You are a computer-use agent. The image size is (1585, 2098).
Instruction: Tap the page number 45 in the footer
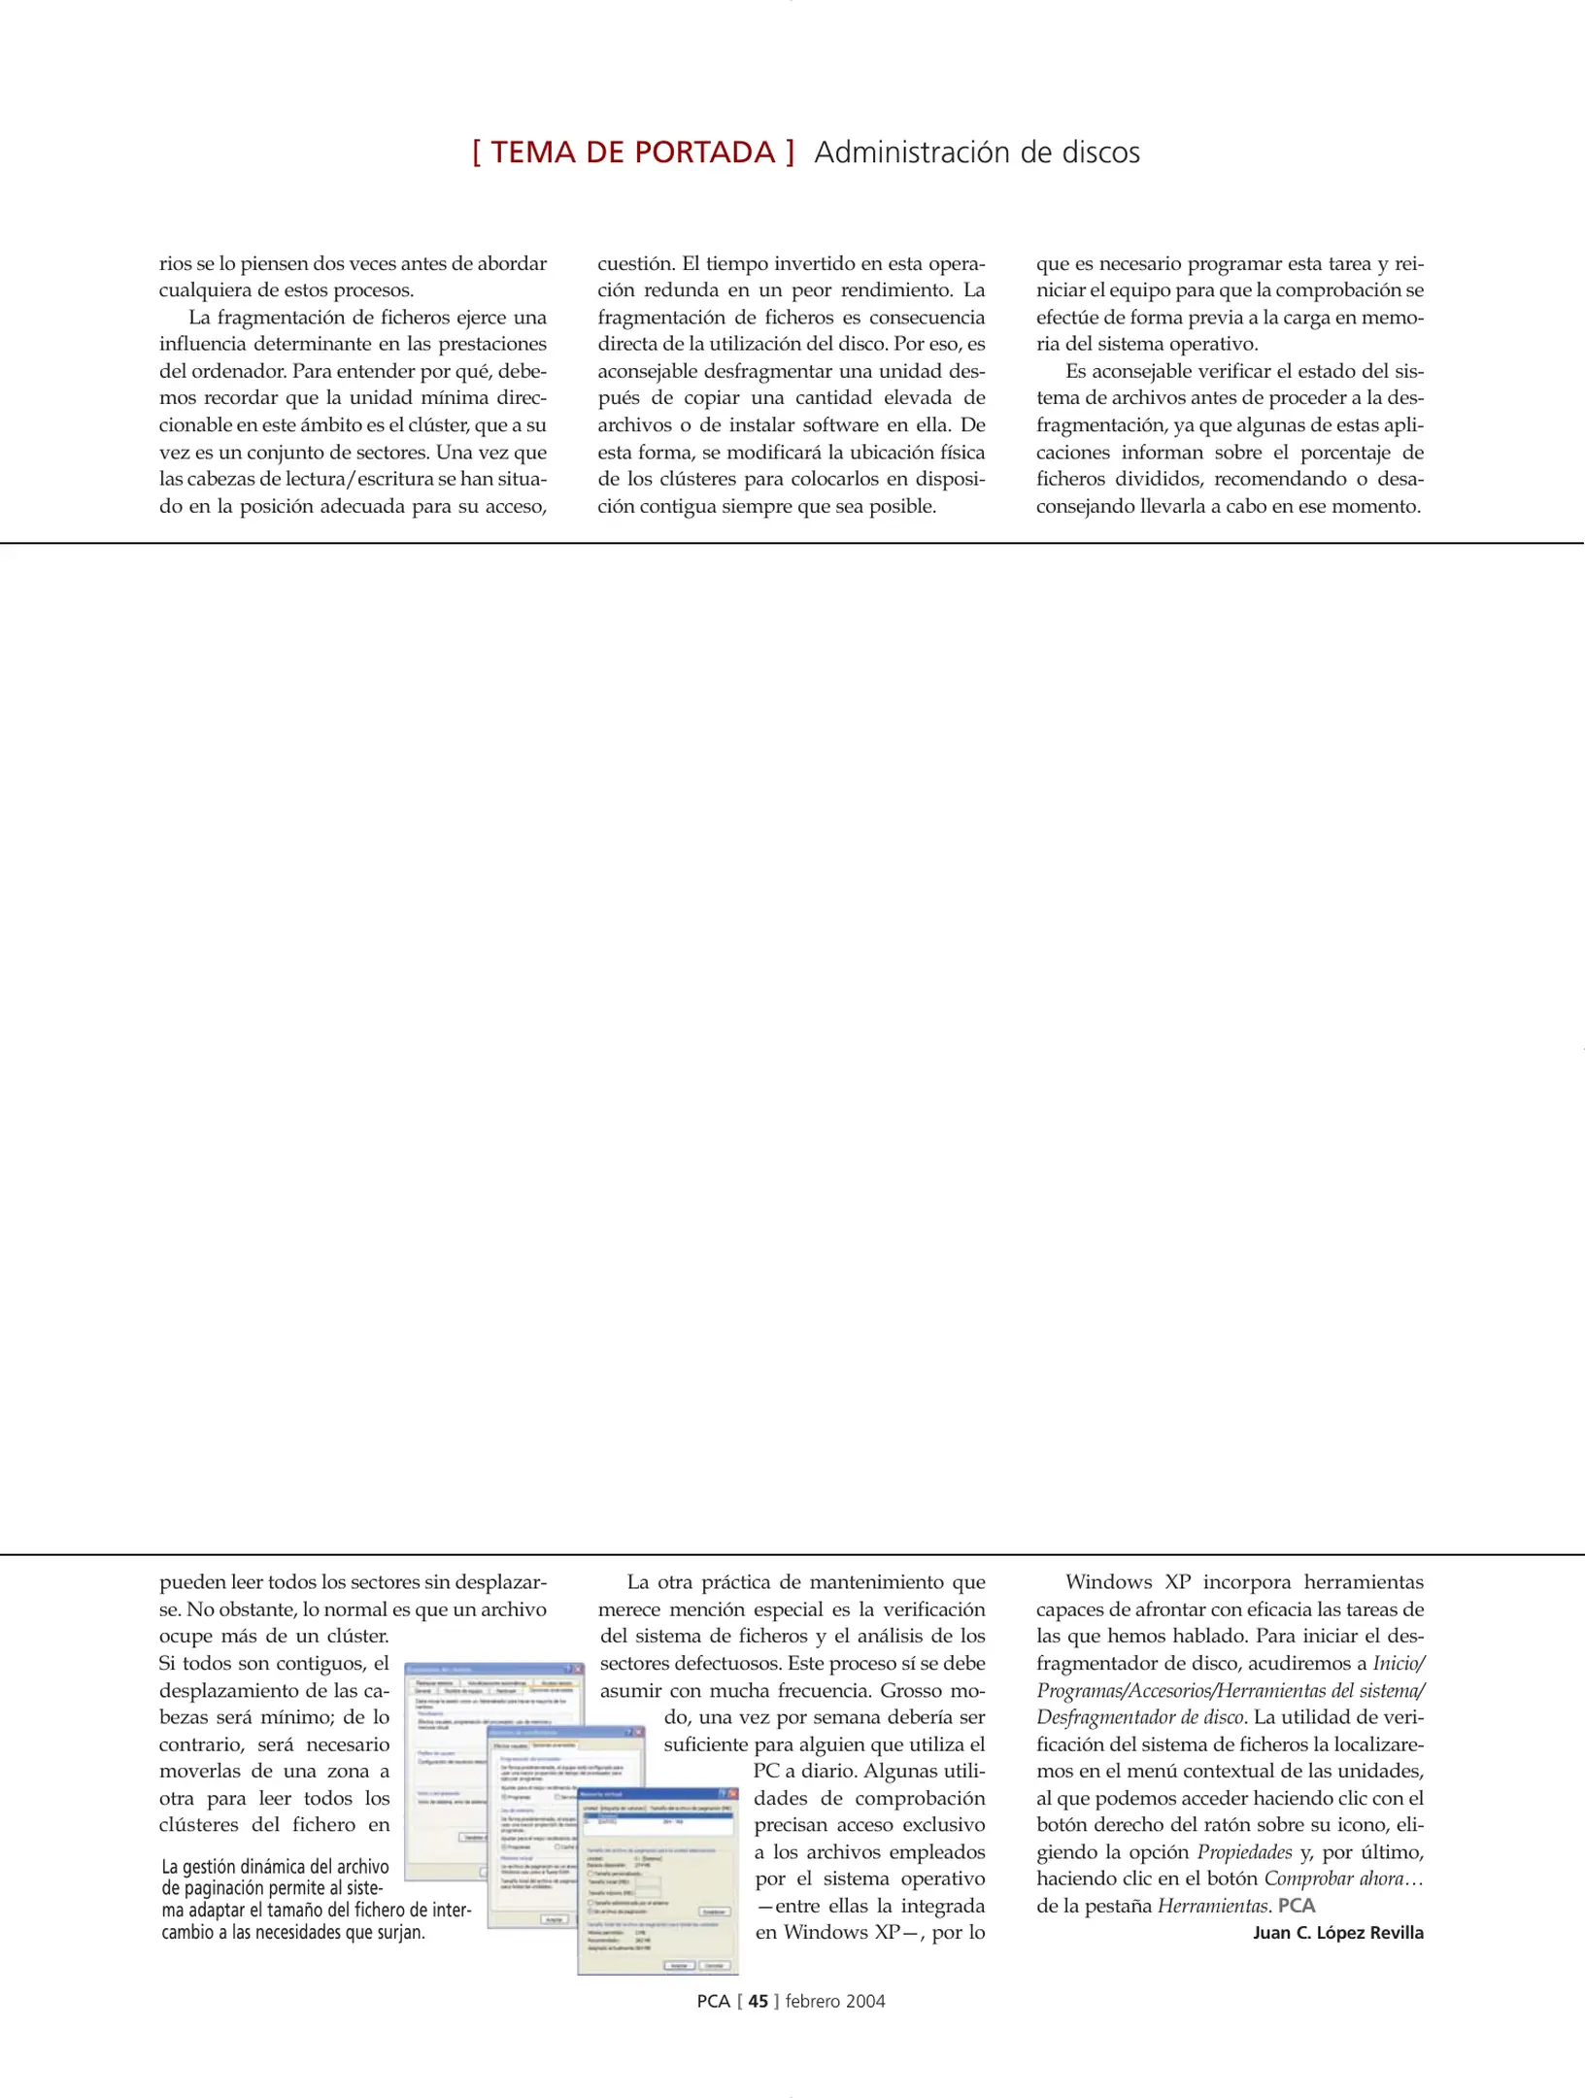tap(758, 2001)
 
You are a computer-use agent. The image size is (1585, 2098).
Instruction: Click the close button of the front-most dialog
tap(733, 1794)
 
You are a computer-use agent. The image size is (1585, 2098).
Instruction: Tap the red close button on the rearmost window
tap(578, 1669)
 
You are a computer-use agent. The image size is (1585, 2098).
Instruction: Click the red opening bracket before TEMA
tap(477, 152)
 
